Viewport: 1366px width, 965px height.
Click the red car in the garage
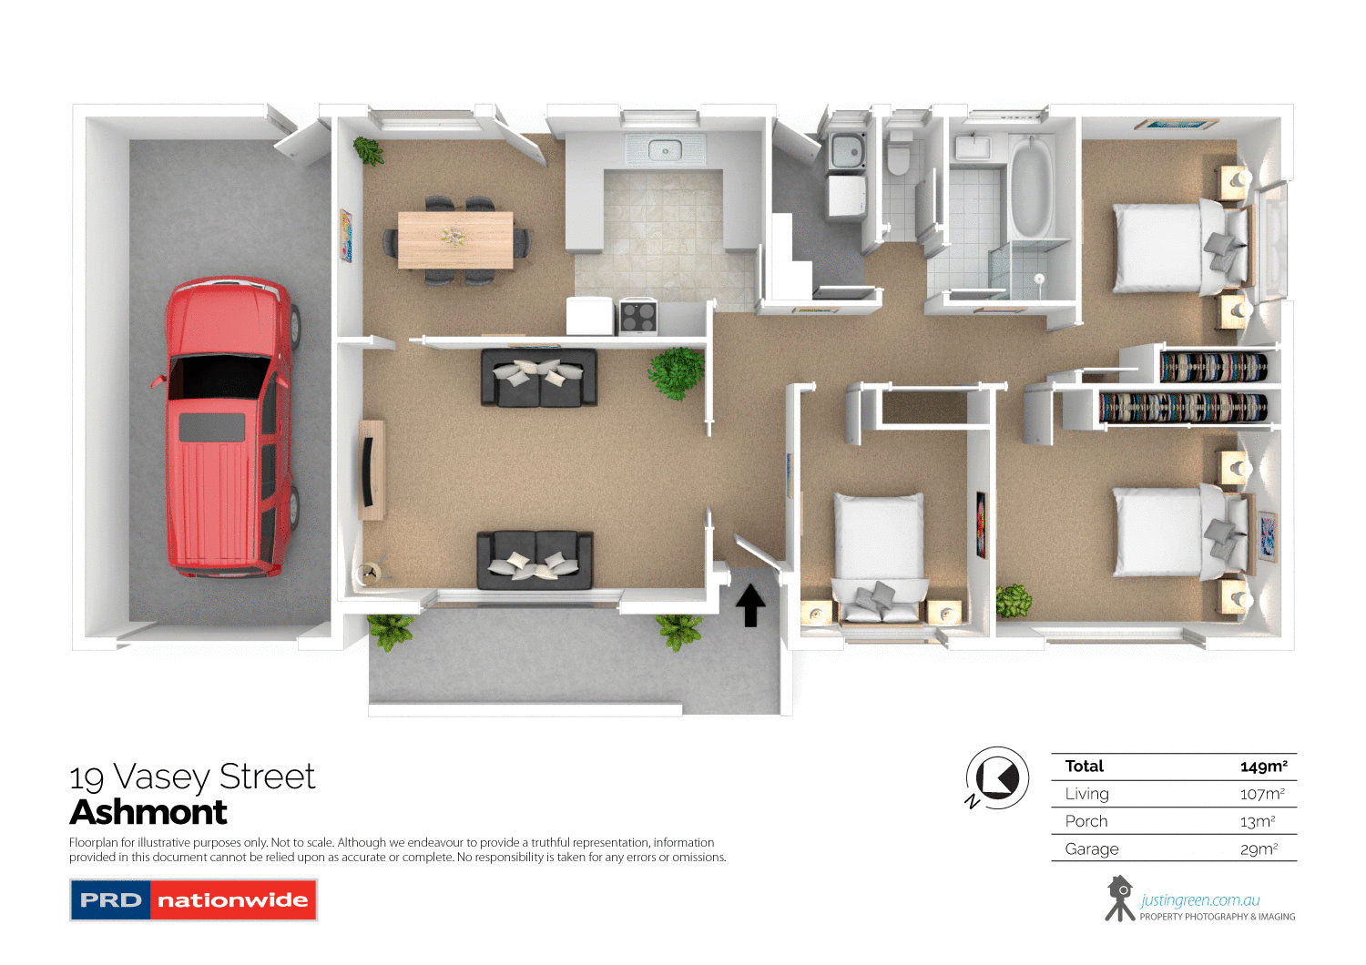point(228,428)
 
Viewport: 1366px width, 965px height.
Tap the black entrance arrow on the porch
point(750,605)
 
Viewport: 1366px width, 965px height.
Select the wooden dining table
point(455,239)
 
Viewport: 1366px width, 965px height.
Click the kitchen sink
point(665,149)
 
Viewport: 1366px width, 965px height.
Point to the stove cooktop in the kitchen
point(638,317)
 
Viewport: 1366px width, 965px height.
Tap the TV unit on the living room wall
point(371,470)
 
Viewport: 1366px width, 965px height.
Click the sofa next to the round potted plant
point(539,376)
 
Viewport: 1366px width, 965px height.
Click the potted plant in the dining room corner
point(369,150)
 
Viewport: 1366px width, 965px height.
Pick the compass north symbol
point(996,779)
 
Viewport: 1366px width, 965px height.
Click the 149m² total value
point(1263,767)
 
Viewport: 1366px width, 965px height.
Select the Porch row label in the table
point(1086,821)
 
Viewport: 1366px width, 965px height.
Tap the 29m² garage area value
point(1259,849)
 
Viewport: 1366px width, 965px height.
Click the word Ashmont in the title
point(148,812)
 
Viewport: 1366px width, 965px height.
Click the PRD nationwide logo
point(193,899)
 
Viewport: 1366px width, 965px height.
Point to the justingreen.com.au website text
point(1199,900)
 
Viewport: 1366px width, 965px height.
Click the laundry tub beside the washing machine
point(847,150)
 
